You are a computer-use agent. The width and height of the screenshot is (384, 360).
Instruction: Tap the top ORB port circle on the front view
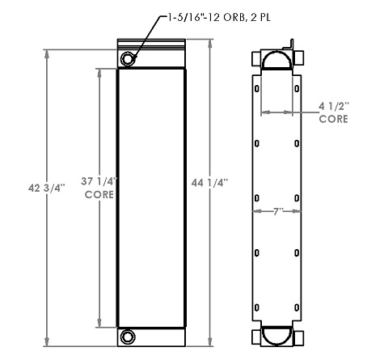pos(129,59)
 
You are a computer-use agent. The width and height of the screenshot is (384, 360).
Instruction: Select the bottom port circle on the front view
pos(129,337)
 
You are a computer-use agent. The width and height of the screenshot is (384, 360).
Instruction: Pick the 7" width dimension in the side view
pos(277,210)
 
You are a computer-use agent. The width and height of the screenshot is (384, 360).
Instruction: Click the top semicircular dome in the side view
pos(277,61)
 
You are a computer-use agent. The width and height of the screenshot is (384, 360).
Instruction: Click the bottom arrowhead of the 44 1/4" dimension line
pos(212,343)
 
